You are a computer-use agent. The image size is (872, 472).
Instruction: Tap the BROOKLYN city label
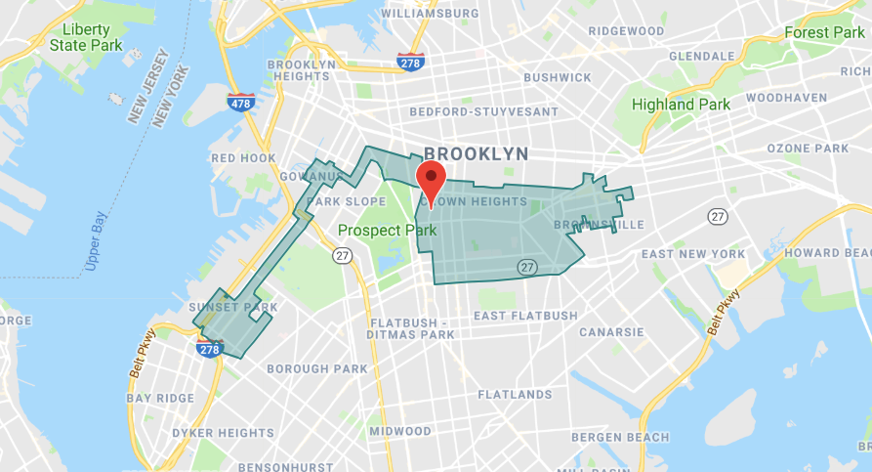[476, 153]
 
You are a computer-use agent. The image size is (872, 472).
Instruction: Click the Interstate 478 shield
[241, 102]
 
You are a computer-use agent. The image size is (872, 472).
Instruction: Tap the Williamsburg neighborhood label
[430, 14]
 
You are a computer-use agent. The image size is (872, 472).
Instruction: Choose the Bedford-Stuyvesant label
[483, 112]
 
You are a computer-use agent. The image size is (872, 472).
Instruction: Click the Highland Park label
[681, 105]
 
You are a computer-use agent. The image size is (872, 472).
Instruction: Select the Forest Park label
[824, 33]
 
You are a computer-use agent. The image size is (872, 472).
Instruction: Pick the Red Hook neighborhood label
[244, 157]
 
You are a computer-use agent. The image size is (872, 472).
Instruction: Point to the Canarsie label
[611, 332]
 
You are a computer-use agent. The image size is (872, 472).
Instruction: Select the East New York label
[693, 254]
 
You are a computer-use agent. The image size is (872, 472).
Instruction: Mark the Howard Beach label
[827, 253]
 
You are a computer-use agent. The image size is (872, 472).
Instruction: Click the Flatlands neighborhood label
[515, 395]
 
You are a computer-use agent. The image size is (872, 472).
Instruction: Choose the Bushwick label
[558, 77]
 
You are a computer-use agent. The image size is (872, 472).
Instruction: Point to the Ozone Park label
[808, 149]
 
